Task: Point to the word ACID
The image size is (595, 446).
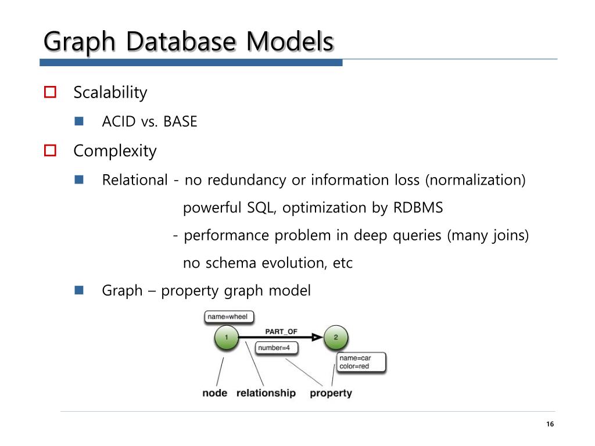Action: [119, 122]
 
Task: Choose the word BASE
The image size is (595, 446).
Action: [180, 122]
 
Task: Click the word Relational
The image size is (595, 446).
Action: [134, 180]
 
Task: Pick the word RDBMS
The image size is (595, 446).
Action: [418, 208]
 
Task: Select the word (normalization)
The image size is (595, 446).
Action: [475, 180]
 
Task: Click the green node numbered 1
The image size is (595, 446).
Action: [227, 337]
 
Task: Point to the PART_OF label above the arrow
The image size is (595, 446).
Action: [281, 331]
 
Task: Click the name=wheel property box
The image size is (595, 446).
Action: [228, 317]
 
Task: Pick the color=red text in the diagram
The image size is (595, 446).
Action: [354, 366]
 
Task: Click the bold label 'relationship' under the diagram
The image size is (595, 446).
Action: [266, 393]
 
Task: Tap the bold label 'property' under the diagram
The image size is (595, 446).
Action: [331, 393]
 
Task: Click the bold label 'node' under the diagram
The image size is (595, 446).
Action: [214, 393]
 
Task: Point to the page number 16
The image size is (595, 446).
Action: [550, 424]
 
